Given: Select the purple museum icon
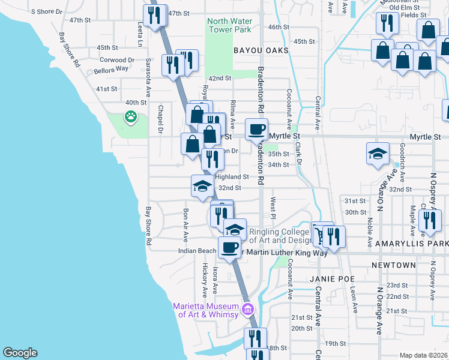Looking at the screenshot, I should [247, 310].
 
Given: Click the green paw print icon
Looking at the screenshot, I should [130, 117].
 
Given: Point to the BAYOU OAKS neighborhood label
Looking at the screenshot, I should [258, 50].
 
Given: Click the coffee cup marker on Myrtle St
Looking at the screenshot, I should [256, 129].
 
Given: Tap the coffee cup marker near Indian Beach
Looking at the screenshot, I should [229, 247].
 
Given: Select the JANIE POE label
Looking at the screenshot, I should [333, 279].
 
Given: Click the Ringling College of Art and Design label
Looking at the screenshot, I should [282, 236].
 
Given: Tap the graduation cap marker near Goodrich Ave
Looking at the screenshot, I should [378, 154].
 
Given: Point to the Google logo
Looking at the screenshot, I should [20, 353].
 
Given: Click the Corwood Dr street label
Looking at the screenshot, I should [117, 60].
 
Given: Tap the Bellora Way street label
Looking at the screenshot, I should [111, 69].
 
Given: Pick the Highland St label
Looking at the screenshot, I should [232, 177].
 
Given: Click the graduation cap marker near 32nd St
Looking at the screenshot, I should [202, 185].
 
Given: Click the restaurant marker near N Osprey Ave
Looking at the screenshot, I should [429, 221].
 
